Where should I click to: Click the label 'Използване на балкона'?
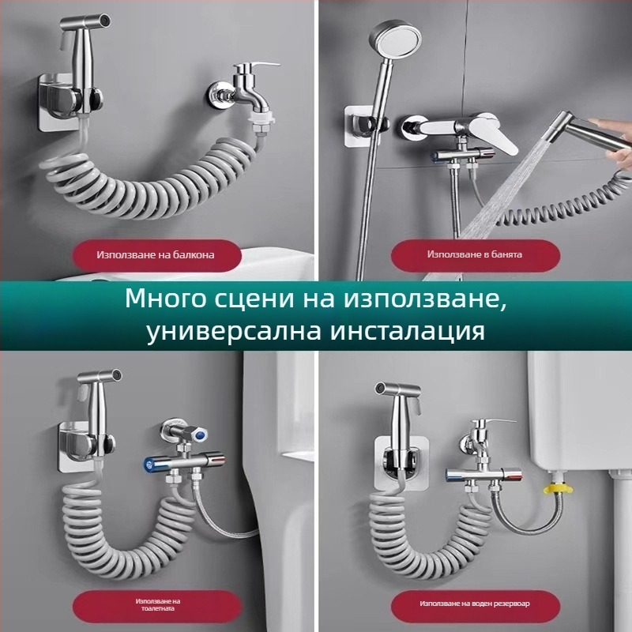pyautogui.click(x=156, y=254)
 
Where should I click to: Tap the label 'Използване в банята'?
pyautogui.click(x=475, y=254)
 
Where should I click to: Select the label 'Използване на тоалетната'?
pyautogui.click(x=158, y=605)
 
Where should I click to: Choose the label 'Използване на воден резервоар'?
pyautogui.click(x=475, y=604)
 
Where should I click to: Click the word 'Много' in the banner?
pyautogui.click(x=157, y=299)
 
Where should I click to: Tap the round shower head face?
pyautogui.click(x=395, y=41)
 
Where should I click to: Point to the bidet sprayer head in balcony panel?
pyautogui.click(x=85, y=21)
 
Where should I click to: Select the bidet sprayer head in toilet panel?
pyautogui.click(x=100, y=378)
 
